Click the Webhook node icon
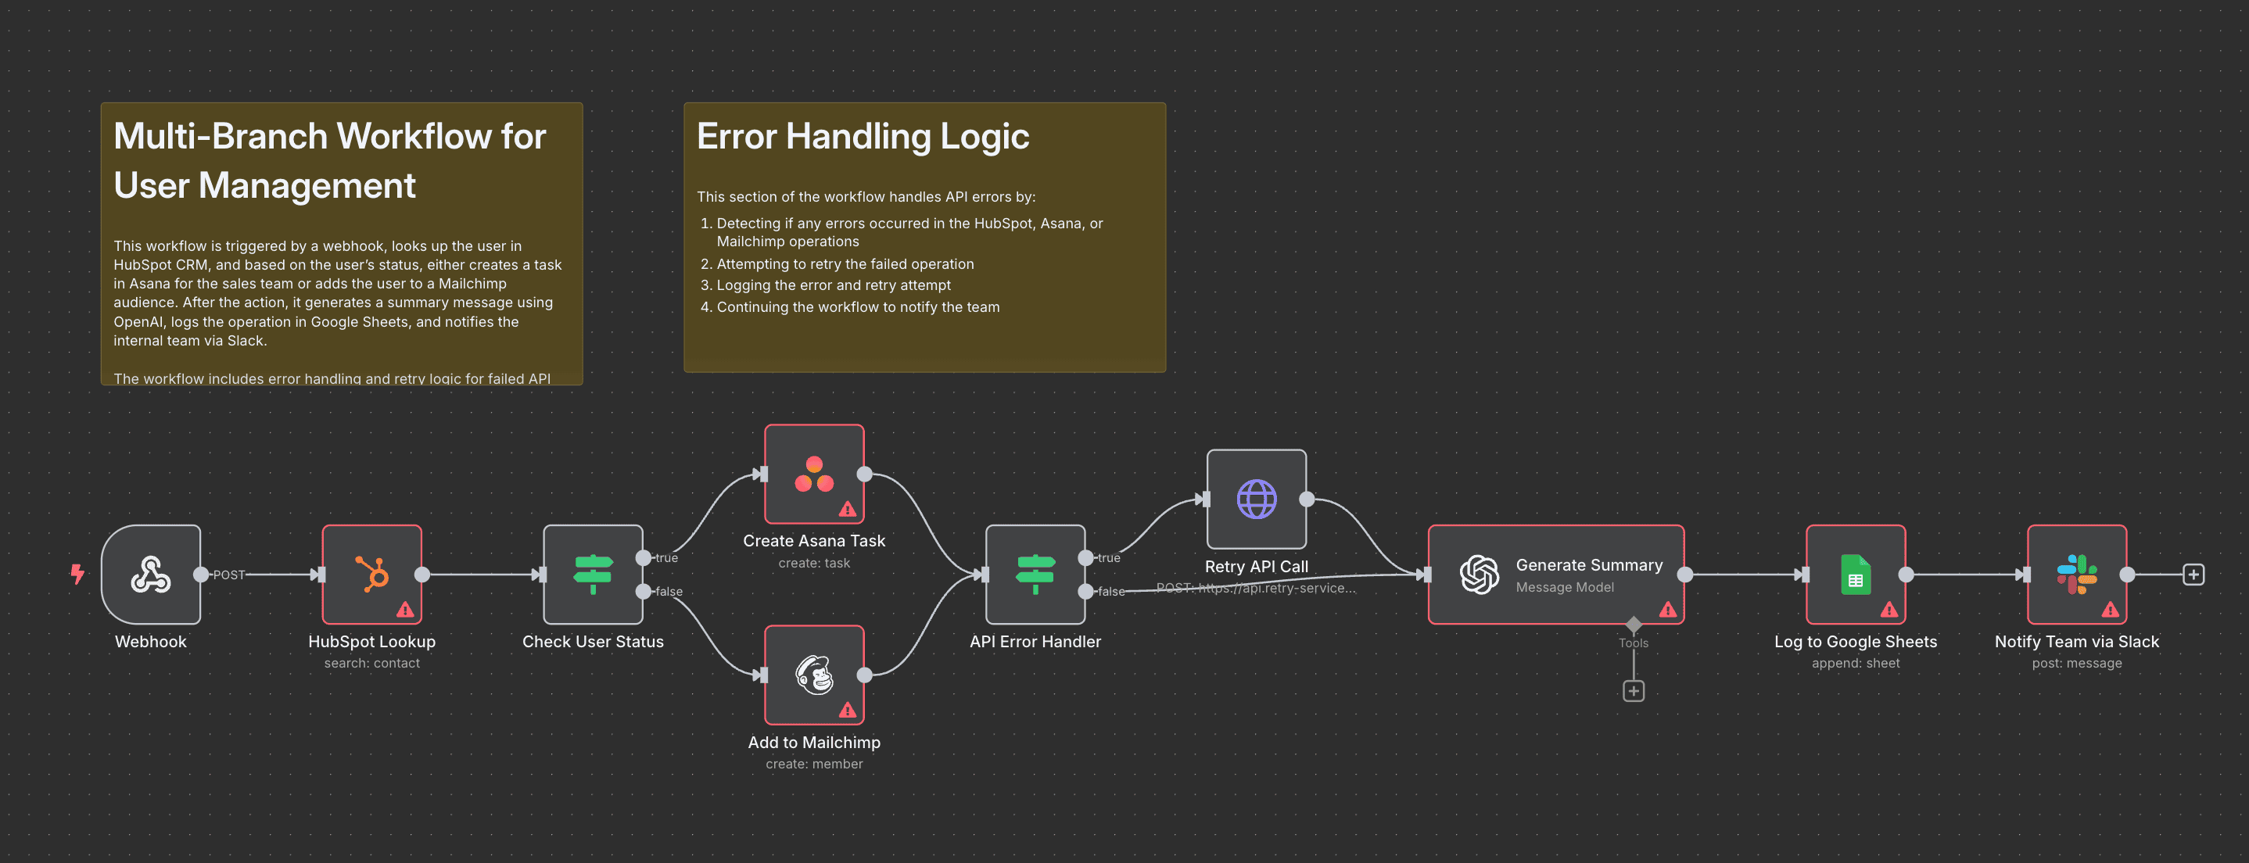[x=150, y=575]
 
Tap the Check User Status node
[x=593, y=575]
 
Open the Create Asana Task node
[x=814, y=474]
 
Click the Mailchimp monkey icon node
[x=814, y=675]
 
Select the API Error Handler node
[x=1035, y=575]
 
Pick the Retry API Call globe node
[x=1257, y=500]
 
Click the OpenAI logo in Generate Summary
[x=1479, y=575]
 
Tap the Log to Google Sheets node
[x=1855, y=575]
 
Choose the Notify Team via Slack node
[x=2076, y=575]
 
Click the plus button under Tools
[x=1633, y=691]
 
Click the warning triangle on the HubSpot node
[x=405, y=609]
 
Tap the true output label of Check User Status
[x=666, y=557]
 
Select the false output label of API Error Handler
[x=1110, y=592]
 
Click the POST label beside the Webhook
[x=229, y=575]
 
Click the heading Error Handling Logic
[x=863, y=136]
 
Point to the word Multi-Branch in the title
[x=220, y=136]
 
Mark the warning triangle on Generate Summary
[x=1667, y=609]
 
